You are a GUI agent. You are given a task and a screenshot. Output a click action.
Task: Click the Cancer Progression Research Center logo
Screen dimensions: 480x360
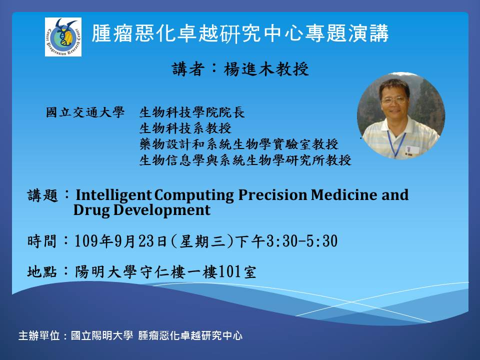[x=63, y=37]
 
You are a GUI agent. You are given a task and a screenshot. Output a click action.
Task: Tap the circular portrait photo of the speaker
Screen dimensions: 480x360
[x=401, y=115]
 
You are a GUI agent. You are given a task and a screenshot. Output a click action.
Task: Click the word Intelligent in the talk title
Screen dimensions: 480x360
[x=113, y=195]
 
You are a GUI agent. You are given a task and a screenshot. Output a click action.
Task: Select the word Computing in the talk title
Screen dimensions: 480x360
[x=194, y=195]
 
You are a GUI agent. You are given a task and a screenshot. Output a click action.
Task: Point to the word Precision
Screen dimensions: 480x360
[x=272, y=194]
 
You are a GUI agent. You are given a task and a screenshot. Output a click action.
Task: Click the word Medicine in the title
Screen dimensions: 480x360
[x=344, y=194]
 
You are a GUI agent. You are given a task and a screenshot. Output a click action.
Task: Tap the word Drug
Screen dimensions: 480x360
[x=91, y=210]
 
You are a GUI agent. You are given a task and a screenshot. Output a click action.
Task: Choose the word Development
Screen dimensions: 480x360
[x=162, y=210]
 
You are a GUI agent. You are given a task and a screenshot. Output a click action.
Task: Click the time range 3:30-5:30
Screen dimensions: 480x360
[x=302, y=241]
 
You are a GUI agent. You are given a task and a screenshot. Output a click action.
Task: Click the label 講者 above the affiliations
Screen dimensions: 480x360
[x=187, y=69]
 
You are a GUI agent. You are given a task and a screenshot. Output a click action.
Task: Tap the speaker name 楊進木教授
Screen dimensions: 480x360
[x=266, y=69]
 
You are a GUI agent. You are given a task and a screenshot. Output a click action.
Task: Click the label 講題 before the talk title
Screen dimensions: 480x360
[x=42, y=195]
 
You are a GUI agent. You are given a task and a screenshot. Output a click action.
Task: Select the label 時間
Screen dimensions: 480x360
[x=42, y=241]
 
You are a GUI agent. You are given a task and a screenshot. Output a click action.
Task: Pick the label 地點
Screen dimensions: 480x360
[x=42, y=271]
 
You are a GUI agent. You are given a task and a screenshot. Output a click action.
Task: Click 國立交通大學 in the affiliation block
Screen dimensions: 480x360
[x=85, y=112]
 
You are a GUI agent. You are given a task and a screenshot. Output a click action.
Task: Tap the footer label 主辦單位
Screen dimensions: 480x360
[x=39, y=335]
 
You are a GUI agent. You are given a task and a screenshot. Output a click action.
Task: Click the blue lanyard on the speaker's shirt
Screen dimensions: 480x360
[x=396, y=143]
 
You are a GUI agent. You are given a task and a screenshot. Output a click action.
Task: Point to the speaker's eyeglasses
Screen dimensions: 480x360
[x=393, y=100]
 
